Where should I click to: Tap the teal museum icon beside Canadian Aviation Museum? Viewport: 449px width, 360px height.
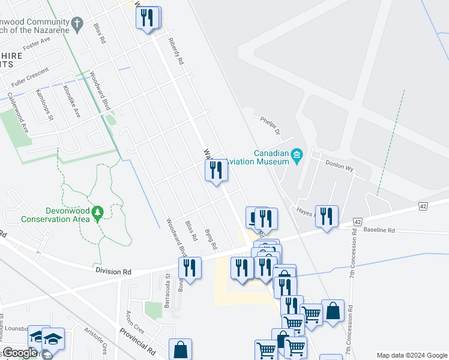coord(297,157)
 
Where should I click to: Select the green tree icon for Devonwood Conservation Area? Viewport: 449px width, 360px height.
coord(98,212)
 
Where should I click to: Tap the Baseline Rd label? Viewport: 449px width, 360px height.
coord(379,230)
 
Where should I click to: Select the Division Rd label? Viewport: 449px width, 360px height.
coord(113,272)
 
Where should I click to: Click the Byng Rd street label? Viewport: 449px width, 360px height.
coord(210,239)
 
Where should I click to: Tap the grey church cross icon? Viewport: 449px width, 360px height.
coord(76,23)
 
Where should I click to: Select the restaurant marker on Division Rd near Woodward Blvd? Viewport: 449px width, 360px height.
coord(190,268)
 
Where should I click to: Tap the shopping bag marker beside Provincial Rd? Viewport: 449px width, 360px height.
coord(180,349)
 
